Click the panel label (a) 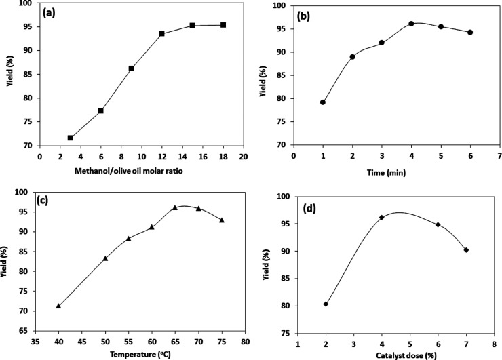pos(54,14)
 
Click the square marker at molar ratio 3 pos(70,138)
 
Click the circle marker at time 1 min pos(323,102)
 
